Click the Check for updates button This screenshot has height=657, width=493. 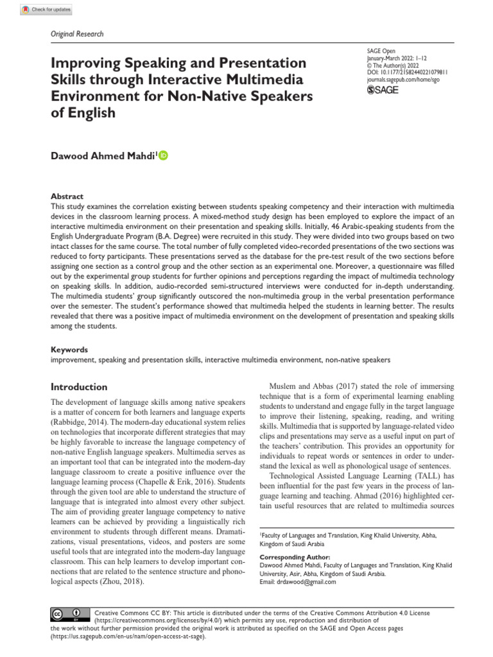click(x=47, y=10)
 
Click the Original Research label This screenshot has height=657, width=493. click(x=77, y=34)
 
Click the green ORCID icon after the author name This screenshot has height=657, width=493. click(x=163, y=155)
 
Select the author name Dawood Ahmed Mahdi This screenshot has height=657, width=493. click(x=101, y=155)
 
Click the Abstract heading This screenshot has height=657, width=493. click(x=67, y=196)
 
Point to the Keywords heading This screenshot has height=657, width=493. click(x=69, y=350)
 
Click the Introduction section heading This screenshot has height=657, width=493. click(x=79, y=387)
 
